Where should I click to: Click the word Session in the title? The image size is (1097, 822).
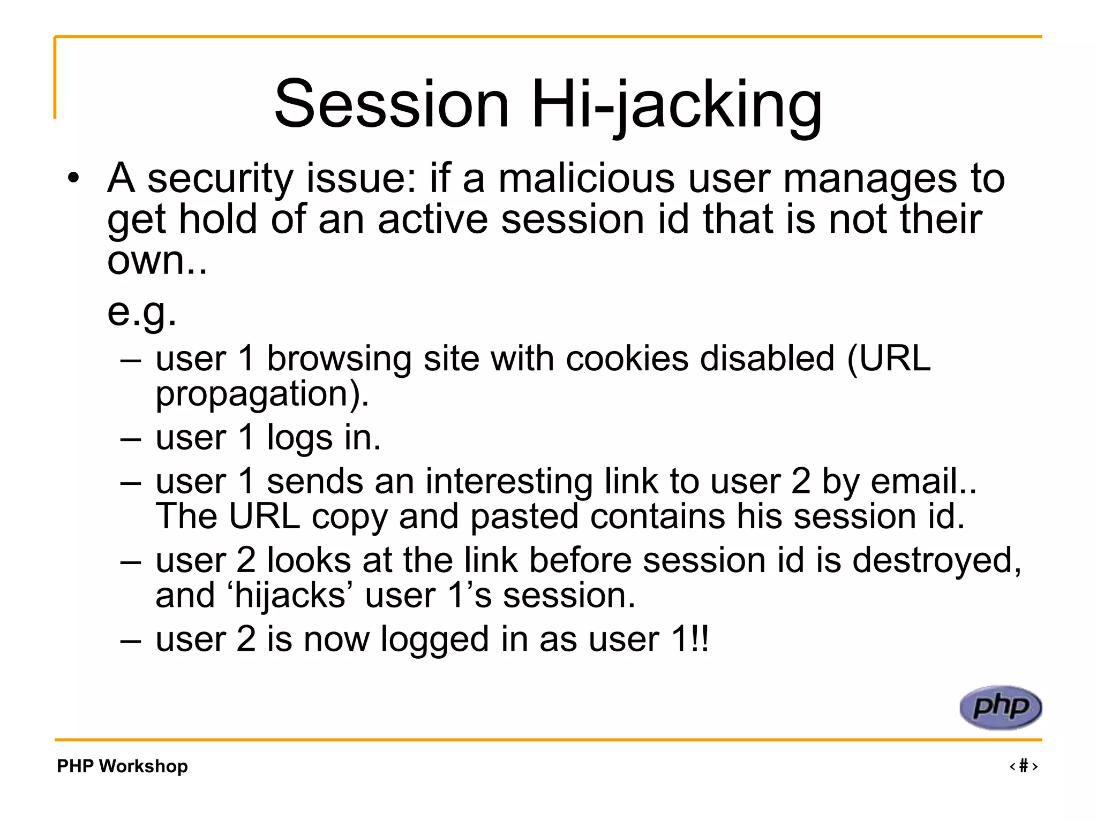pos(392,104)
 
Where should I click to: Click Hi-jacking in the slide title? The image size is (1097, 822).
pos(676,104)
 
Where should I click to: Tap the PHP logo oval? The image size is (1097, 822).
pos(1000,707)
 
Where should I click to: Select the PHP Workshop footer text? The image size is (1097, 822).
pos(122,766)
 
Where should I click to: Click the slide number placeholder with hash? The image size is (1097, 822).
pos(1023,766)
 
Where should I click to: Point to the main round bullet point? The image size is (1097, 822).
pos(74,178)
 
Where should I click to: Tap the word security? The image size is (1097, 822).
pos(220,179)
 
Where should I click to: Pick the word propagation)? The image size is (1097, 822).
pos(262,395)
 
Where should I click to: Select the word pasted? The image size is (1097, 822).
pos(524,517)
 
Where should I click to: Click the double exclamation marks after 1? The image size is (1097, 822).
pos(700,639)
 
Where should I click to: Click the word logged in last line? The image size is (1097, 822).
pos(434,640)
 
